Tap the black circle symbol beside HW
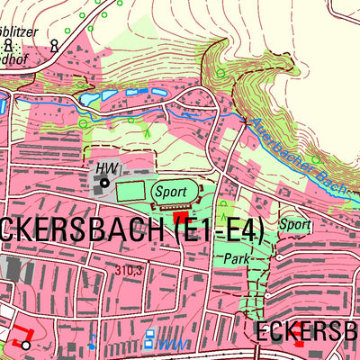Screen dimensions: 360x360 tap(104, 183)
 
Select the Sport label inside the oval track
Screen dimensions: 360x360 tap(171, 191)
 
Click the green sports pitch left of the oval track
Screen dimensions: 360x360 tap(132, 191)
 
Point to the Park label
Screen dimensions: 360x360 tap(236, 257)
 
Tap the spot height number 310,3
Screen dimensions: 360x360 tap(130, 269)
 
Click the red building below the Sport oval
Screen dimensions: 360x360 tap(180, 217)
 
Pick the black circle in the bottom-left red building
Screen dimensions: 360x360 tap(25, 345)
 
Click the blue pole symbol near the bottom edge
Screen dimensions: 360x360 tap(92, 341)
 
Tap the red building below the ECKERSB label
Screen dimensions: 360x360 tap(299, 345)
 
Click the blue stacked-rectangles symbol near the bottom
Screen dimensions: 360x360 tap(149, 340)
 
